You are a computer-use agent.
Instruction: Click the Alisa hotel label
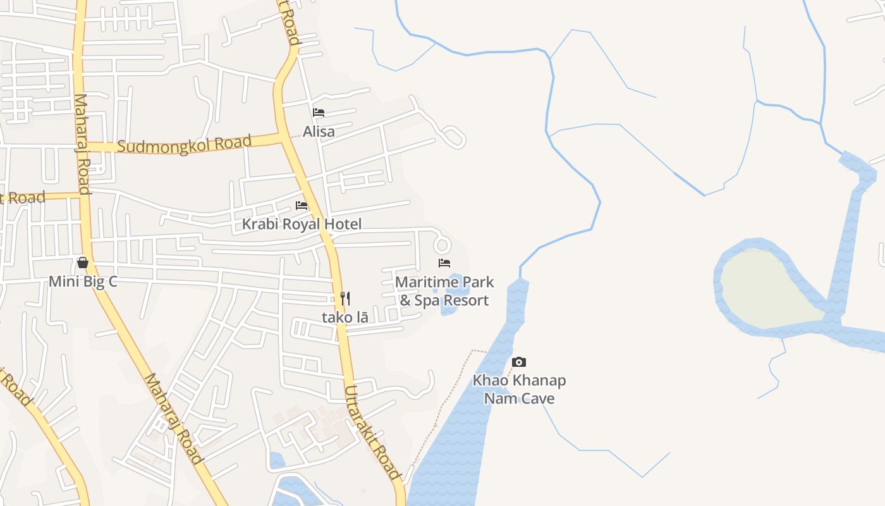(x=319, y=132)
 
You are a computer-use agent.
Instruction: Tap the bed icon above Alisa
(x=319, y=113)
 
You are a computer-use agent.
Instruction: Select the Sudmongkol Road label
(x=185, y=144)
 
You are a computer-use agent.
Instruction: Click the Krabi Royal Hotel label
(x=302, y=224)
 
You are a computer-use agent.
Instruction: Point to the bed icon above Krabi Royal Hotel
(x=302, y=206)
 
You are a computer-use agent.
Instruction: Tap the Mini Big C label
(x=83, y=281)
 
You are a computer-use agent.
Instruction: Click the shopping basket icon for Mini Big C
(x=83, y=262)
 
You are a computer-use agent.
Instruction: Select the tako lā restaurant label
(x=345, y=317)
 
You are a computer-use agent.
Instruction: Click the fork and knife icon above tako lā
(x=345, y=298)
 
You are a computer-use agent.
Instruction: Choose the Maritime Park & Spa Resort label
(x=444, y=291)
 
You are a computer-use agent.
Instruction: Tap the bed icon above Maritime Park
(x=444, y=262)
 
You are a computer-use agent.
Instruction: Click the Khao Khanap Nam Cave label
(x=519, y=389)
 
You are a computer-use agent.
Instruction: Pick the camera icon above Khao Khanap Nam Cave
(x=519, y=362)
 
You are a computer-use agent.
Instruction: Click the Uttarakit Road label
(x=373, y=432)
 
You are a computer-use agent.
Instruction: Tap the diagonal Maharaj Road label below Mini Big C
(x=173, y=418)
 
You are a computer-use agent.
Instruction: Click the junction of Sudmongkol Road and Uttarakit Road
(x=281, y=135)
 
